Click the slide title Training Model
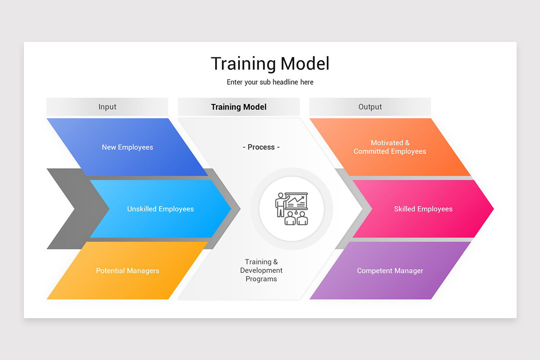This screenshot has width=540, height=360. point(270,64)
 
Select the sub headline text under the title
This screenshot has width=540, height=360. point(270,82)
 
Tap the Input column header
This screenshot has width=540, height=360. point(107,107)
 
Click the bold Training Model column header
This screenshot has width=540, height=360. point(238,107)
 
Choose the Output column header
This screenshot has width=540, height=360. point(370,107)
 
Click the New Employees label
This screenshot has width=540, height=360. point(127,147)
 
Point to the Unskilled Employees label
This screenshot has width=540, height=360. point(160,209)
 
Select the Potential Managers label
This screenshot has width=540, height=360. point(127,271)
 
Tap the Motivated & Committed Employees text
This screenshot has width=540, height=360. point(390,147)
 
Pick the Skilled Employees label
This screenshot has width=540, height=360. point(423,209)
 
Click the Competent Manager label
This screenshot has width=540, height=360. point(390,271)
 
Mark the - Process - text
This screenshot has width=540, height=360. point(261,147)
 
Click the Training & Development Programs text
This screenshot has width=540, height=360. point(261,270)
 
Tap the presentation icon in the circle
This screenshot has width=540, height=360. point(292,209)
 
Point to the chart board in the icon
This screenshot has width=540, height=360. point(297,201)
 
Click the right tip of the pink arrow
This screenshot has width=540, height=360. point(492,209)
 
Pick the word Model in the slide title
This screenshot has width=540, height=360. point(306,64)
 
